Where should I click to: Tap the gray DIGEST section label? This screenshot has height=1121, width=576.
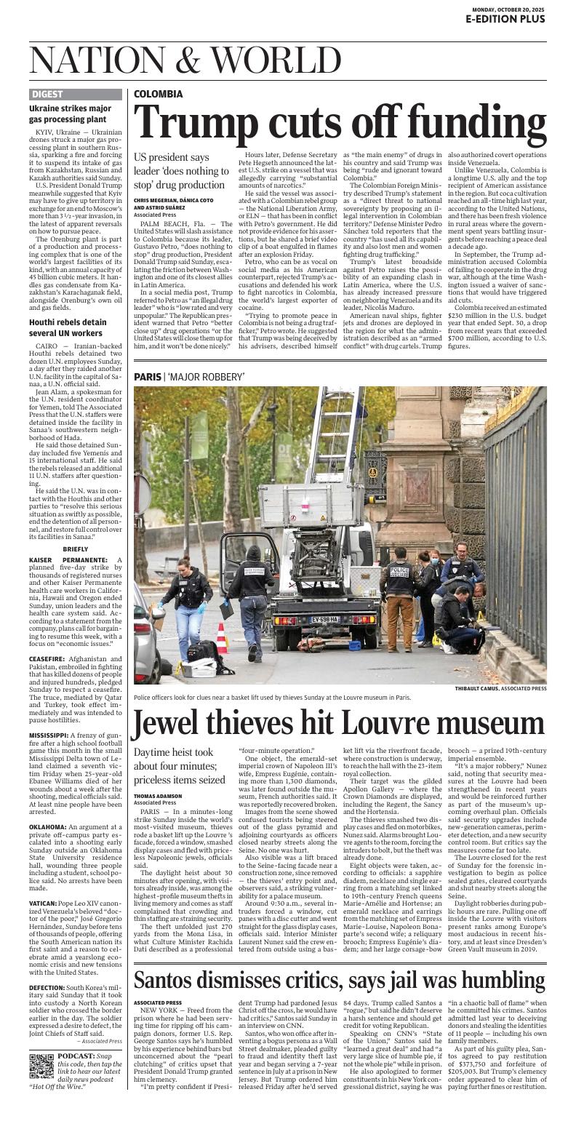tap(47, 94)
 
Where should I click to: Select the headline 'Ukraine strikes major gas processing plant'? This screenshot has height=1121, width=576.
tap(70, 113)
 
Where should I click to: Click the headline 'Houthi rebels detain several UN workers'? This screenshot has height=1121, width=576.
tap(69, 327)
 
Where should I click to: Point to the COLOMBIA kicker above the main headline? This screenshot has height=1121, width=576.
tap(158, 94)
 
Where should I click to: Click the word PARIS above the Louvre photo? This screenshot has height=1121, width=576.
tap(148, 376)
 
